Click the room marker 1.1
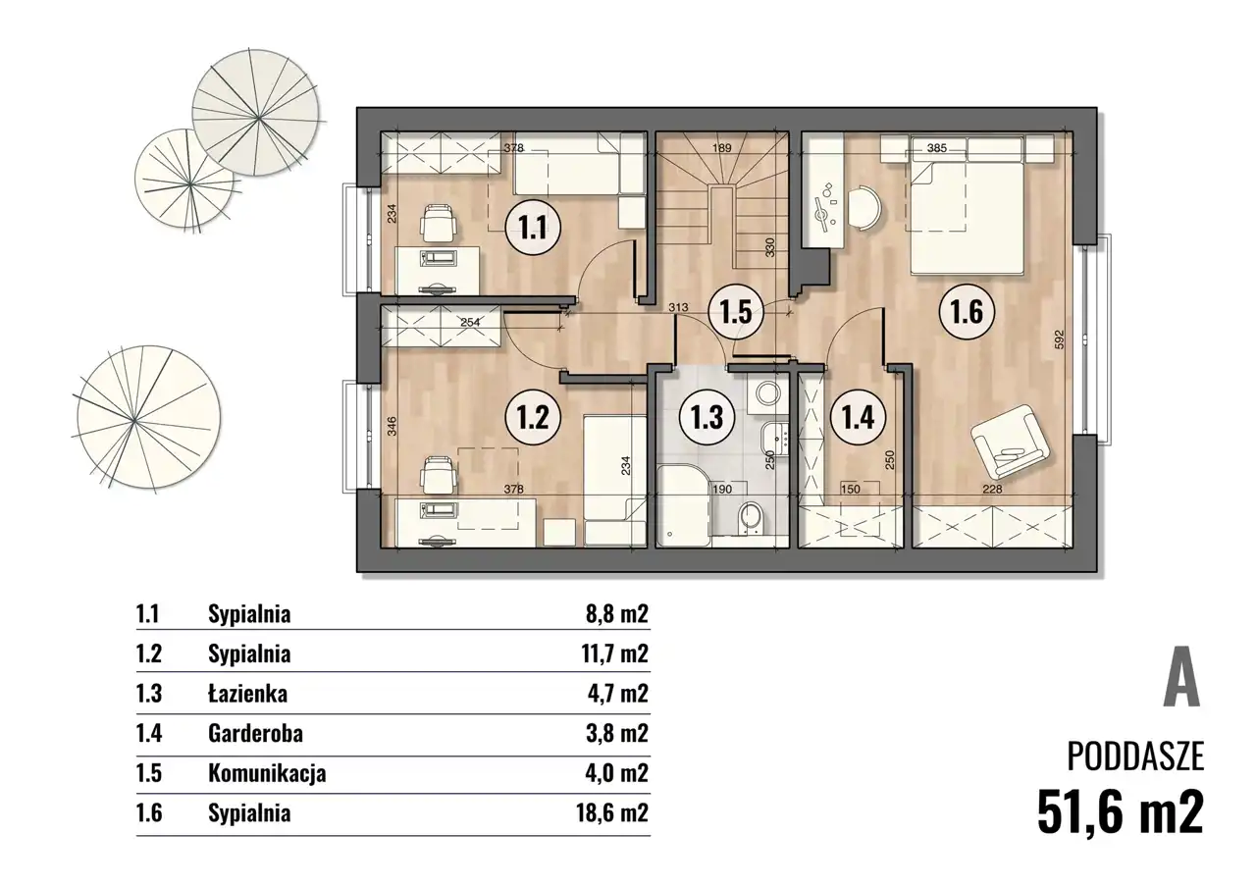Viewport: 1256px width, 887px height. (x=533, y=228)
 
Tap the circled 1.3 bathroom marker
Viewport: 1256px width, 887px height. (x=707, y=418)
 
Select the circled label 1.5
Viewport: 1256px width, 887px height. (x=736, y=313)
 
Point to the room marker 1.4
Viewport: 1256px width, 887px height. (x=858, y=418)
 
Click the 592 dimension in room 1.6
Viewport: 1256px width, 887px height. (x=1059, y=340)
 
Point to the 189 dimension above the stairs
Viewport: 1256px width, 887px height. (x=721, y=148)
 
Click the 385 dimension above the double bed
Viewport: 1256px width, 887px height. (x=937, y=148)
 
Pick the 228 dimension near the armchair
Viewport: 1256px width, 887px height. (x=992, y=490)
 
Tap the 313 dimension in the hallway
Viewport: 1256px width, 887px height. (x=678, y=307)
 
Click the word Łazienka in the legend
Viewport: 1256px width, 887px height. (x=248, y=694)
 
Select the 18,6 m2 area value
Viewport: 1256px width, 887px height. (x=612, y=813)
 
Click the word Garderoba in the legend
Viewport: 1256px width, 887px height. (x=256, y=733)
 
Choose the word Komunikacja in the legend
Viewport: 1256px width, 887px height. (x=267, y=774)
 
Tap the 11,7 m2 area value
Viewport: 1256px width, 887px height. (x=615, y=653)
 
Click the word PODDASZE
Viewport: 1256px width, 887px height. (x=1135, y=757)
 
